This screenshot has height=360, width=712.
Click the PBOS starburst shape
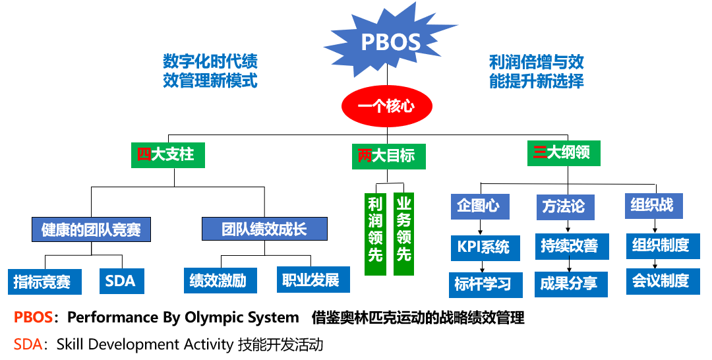390,42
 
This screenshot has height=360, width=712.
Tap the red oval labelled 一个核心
386,105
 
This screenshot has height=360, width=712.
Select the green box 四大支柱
167,155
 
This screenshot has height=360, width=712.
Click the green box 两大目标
388,156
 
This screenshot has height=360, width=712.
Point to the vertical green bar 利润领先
375,233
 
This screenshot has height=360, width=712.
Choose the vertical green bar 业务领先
403,233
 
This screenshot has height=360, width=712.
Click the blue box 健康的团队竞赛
90,230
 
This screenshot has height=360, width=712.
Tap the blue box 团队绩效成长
264,229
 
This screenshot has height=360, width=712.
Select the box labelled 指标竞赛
45,282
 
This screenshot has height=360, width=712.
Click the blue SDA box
120,282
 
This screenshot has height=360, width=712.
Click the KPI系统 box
483,248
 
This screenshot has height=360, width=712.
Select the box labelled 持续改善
569,247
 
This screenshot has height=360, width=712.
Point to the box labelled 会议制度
661,282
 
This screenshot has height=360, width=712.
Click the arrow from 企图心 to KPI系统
481,227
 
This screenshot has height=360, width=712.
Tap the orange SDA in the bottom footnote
26,344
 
